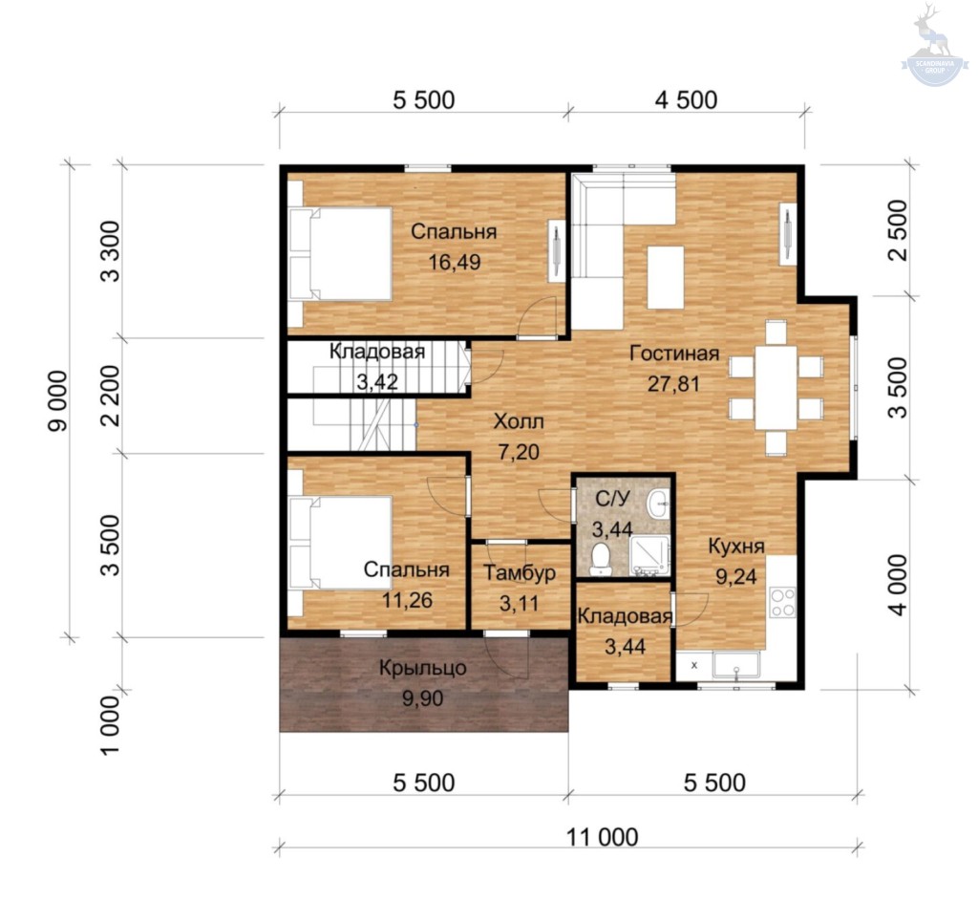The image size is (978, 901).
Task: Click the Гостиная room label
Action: [674, 354]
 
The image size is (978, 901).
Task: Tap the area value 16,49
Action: [454, 262]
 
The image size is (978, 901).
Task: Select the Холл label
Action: [519, 421]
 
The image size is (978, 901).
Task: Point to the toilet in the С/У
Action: [601, 558]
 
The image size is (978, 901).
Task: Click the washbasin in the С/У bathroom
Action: [658, 504]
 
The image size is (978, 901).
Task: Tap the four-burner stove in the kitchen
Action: [782, 602]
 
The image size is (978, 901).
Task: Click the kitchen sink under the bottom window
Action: [736, 665]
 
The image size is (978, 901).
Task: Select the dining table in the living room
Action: [776, 388]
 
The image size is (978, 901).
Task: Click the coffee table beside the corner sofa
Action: [666, 278]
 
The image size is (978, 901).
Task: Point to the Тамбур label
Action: [520, 572]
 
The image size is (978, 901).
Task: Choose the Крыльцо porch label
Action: [423, 668]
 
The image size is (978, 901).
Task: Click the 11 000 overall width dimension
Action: [602, 837]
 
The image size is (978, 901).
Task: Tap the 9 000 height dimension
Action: [57, 401]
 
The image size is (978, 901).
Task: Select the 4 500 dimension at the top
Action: [686, 99]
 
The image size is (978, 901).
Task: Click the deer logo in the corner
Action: [934, 45]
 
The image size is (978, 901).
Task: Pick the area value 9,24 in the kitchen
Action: [736, 577]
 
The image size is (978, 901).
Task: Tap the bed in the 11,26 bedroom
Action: [341, 543]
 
